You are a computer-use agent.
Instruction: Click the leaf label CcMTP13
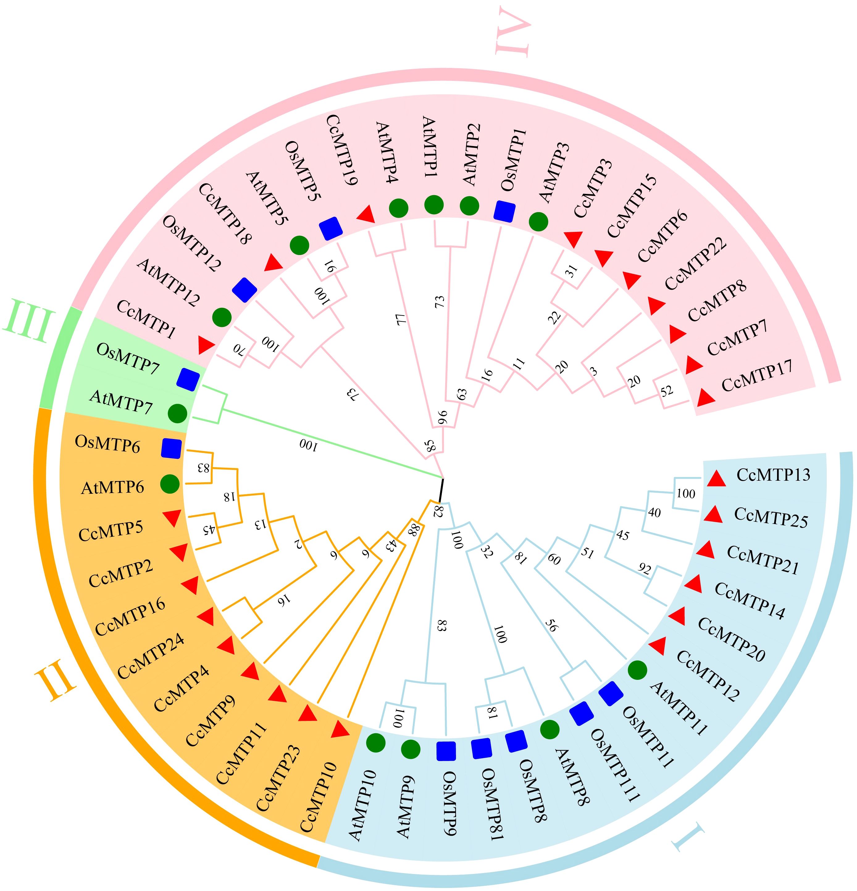[x=773, y=475]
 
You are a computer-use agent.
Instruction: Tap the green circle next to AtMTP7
[x=177, y=413]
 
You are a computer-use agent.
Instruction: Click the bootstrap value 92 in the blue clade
[x=644, y=569]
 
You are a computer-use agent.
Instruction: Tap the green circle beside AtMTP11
[x=638, y=671]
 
